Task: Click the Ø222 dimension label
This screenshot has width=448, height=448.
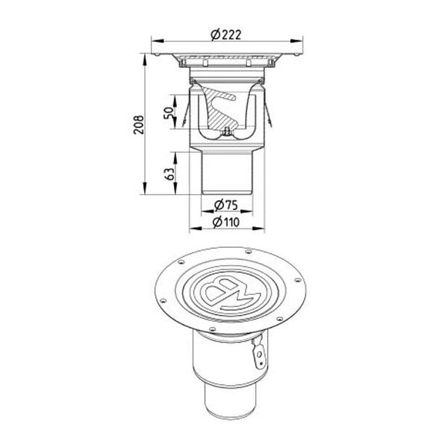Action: click(225, 35)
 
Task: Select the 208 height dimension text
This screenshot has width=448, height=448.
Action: click(139, 125)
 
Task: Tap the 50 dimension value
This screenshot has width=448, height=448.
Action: click(169, 113)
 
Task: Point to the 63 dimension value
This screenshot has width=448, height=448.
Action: click(169, 174)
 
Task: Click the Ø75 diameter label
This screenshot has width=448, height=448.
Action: click(225, 205)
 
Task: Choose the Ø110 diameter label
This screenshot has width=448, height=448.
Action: click(225, 223)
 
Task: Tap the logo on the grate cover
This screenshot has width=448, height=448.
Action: click(231, 294)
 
